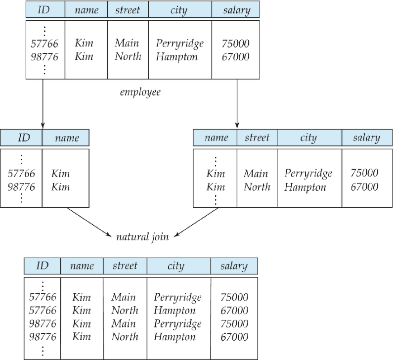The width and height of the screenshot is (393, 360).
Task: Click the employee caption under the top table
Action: point(140,92)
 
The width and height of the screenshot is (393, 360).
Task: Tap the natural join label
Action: point(142,237)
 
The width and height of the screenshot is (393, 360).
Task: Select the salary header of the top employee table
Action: point(237,10)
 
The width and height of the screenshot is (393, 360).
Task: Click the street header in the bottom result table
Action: point(125,266)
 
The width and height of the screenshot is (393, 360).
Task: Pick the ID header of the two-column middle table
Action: point(24,137)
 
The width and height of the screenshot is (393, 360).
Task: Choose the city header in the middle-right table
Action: point(308,137)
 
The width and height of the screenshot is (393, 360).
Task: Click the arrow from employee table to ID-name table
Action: point(43,104)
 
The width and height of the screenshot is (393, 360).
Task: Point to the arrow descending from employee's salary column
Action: point(237,104)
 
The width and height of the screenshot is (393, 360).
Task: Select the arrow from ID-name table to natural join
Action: point(89,222)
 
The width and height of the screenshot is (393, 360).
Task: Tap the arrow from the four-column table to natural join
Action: point(196,222)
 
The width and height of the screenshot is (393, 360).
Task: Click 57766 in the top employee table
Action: point(44,44)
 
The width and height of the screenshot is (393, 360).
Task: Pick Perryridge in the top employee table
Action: point(180,44)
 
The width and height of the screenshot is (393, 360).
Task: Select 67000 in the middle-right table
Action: point(364,187)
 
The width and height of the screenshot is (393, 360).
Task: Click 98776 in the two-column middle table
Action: point(21,187)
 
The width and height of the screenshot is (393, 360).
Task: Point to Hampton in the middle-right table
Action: point(306,187)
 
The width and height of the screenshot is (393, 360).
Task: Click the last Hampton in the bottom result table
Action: point(175,337)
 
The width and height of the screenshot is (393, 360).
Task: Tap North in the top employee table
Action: point(128,56)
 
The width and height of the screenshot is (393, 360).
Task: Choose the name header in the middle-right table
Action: point(217,137)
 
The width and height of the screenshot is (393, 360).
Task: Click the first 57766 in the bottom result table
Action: point(43,297)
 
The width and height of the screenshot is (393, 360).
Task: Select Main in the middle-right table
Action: point(256,174)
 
